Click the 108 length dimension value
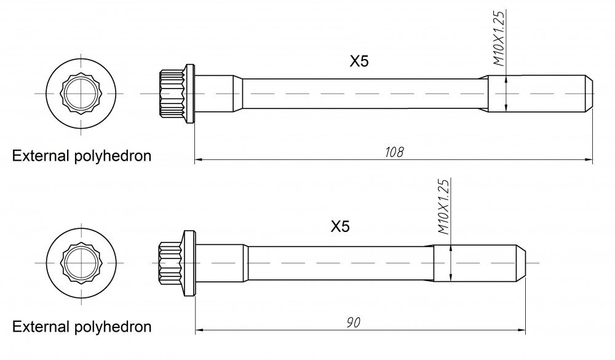click(394, 152)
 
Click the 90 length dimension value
click(354, 322)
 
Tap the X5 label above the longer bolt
click(359, 62)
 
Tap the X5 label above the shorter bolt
click(340, 226)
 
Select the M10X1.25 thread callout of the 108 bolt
click(499, 38)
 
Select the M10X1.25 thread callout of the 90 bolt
click(443, 207)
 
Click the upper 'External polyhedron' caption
click(82, 156)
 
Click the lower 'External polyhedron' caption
click(82, 327)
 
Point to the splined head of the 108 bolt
click(172, 94)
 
